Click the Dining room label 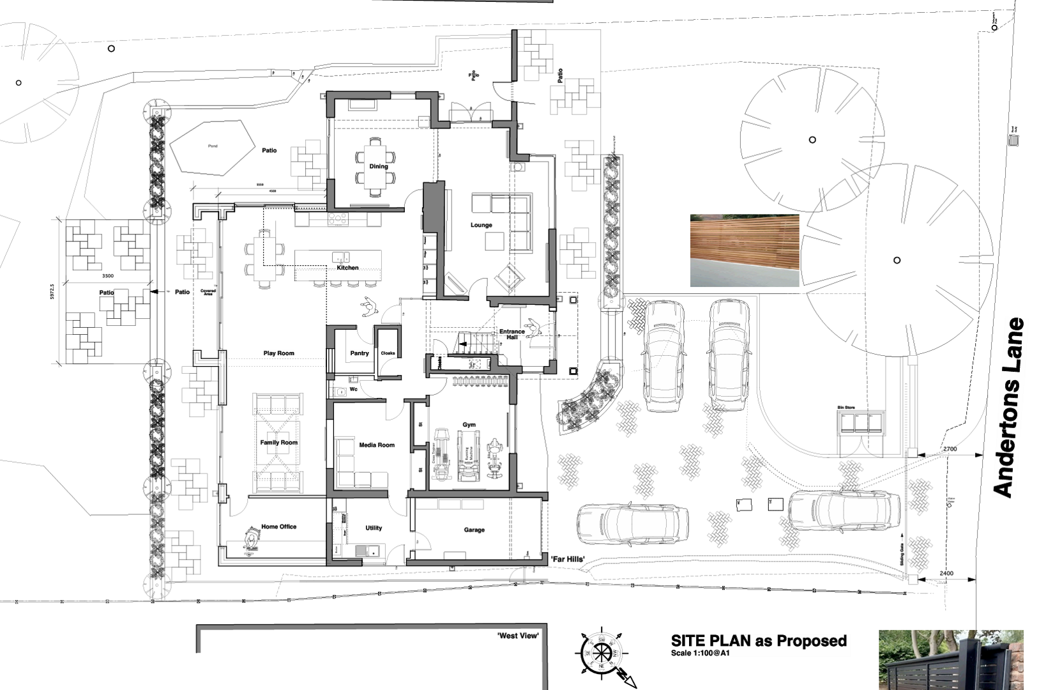click(x=378, y=166)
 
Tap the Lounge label click(x=481, y=225)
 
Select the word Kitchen click(x=347, y=268)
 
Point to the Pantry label click(x=359, y=353)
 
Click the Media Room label click(x=377, y=445)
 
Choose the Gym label click(x=469, y=424)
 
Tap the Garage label click(x=474, y=530)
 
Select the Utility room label click(x=374, y=528)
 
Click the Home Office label click(x=278, y=526)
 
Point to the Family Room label click(x=278, y=442)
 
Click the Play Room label click(x=278, y=353)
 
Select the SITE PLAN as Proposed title click(x=759, y=641)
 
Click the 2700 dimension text click(x=950, y=449)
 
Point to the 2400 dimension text click(x=946, y=573)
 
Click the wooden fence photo click(x=744, y=250)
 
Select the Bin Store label click(x=845, y=407)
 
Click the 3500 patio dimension click(x=107, y=276)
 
